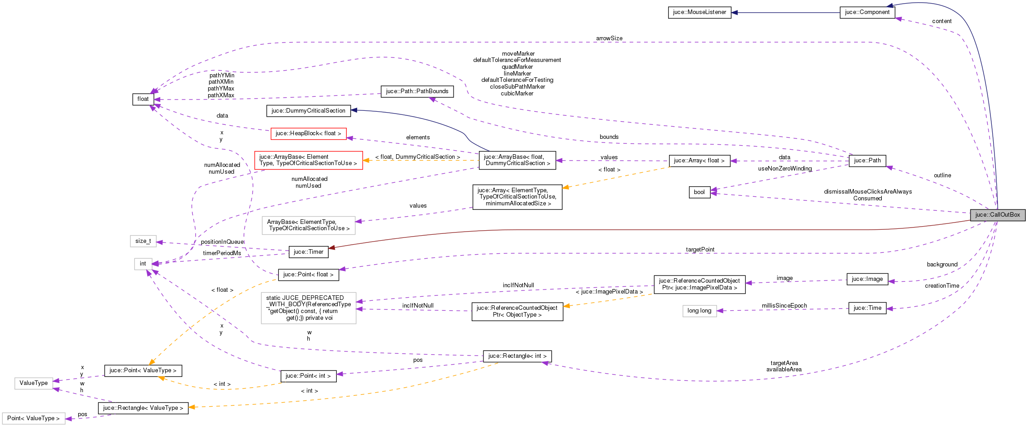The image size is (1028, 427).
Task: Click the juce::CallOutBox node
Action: click(997, 215)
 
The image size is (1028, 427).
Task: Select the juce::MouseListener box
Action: click(699, 12)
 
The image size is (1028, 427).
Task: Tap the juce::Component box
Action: click(867, 12)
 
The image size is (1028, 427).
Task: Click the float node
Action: click(143, 99)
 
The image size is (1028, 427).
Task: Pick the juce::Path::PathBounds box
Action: click(417, 91)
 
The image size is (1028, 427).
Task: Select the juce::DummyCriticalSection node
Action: click(308, 111)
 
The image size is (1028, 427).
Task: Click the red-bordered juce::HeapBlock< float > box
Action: click(308, 133)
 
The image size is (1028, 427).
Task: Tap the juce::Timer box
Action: click(308, 252)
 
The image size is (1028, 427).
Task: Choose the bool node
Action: click(699, 192)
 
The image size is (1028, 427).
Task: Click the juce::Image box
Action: click(867, 279)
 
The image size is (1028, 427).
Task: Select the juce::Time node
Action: click(867, 308)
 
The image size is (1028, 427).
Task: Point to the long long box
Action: click(699, 311)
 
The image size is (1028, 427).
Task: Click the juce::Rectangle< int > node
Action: click(517, 356)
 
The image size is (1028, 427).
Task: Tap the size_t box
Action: click(143, 241)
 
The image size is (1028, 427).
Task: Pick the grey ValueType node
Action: click(33, 383)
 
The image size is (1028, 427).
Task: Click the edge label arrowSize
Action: click(609, 38)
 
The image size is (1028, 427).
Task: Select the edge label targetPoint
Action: click(700, 250)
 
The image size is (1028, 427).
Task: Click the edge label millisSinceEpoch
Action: click(784, 306)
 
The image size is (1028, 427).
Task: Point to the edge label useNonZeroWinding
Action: click(784, 169)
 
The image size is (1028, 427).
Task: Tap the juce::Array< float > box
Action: click(699, 161)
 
